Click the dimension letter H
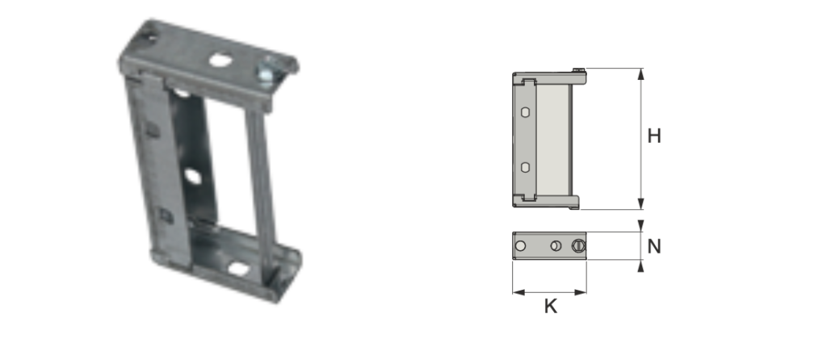pyautogui.click(x=654, y=136)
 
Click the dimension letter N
pyautogui.click(x=654, y=246)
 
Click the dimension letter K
pyautogui.click(x=551, y=307)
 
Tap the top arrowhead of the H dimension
pyautogui.click(x=640, y=73)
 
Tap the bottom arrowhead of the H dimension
pyautogui.click(x=640, y=203)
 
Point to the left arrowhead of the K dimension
pyautogui.click(x=518, y=292)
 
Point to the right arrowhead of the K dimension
pyautogui.click(x=581, y=292)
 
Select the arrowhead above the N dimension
pyautogui.click(x=640, y=225)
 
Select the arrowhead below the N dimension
pyautogui.click(x=640, y=266)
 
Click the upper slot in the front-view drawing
pyautogui.click(x=525, y=111)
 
